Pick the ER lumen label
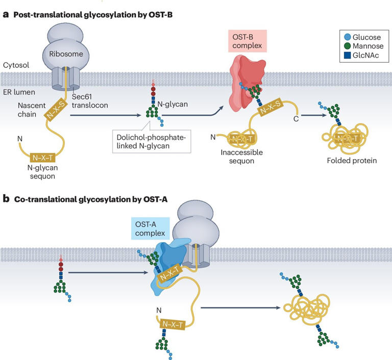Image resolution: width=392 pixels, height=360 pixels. [19, 92]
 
